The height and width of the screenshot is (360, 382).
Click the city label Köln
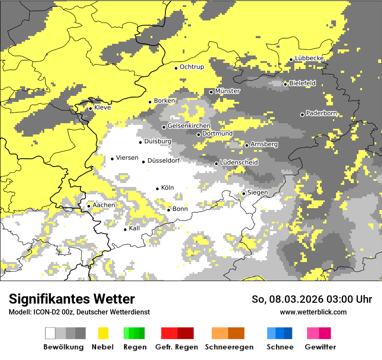click(168, 188)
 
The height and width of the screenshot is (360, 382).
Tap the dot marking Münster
click(211, 92)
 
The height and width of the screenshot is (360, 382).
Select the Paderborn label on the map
click(321, 114)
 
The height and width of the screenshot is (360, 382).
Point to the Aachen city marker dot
click(89, 206)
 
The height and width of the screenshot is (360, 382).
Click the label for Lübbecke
click(309, 59)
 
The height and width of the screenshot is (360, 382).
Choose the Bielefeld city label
click(303, 83)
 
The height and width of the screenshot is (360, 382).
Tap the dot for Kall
click(125, 229)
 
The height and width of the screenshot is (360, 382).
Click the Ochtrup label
click(192, 67)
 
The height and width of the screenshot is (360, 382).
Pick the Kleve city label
click(102, 108)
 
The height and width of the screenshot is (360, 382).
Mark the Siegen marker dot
click(244, 193)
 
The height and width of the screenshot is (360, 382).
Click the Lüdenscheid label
click(239, 163)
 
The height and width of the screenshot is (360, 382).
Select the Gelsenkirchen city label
click(189, 126)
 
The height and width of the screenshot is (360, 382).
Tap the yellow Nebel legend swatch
click(103, 333)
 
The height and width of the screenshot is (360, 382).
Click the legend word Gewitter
click(320, 347)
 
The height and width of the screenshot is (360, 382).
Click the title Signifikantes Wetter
click(72, 299)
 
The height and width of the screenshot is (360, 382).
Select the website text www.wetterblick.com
click(313, 312)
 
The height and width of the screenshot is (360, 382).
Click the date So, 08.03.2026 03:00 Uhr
click(312, 299)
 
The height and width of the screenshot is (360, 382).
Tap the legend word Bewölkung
click(63, 347)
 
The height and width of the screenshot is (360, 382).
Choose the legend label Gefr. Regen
click(176, 347)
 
